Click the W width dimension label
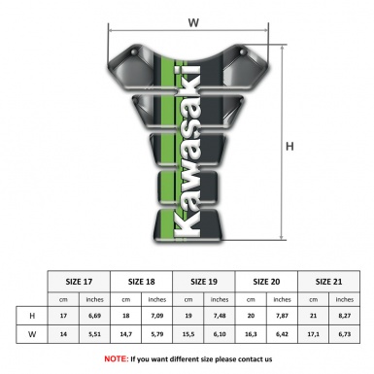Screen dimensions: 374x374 [x=193, y=19]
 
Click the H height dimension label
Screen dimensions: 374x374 [x=289, y=146]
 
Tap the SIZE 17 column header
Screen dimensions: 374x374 [x=79, y=281]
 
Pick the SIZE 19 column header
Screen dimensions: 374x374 [x=204, y=281]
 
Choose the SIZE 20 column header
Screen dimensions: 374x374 [x=266, y=281]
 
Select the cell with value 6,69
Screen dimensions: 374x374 [x=94, y=316]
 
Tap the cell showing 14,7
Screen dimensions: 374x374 [x=126, y=334]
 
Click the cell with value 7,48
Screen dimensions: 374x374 [x=220, y=316]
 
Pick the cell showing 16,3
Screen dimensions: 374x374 [x=252, y=334]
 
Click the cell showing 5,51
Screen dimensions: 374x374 [x=94, y=334]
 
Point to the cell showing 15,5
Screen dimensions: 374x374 [x=188, y=334]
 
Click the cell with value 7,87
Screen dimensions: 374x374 [x=282, y=316]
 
